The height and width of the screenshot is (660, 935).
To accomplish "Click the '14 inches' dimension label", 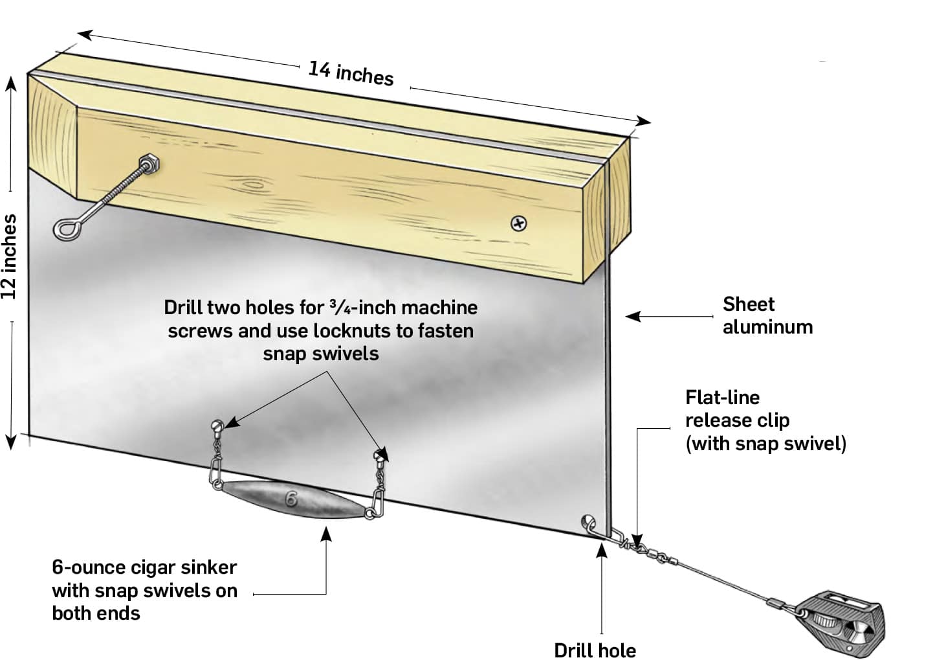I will pyautogui.click(x=350, y=73).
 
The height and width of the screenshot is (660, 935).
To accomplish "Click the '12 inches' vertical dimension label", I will pyautogui.click(x=9, y=257).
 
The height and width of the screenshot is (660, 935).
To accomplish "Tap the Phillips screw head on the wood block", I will pyautogui.click(x=519, y=223).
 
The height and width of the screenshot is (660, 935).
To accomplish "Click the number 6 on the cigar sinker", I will pyautogui.click(x=292, y=499).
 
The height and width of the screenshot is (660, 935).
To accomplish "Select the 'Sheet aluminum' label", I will pyautogui.click(x=767, y=315).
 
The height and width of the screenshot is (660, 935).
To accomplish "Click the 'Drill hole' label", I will pyautogui.click(x=595, y=650).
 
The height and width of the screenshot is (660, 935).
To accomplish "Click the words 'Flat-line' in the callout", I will pyautogui.click(x=722, y=397).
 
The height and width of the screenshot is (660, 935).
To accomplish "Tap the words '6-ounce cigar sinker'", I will pyautogui.click(x=144, y=567).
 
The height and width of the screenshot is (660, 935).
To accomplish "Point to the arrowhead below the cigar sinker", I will pyautogui.click(x=326, y=532).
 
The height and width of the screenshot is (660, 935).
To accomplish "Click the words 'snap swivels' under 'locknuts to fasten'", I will pyautogui.click(x=320, y=354).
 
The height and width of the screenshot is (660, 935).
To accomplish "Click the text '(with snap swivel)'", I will pyautogui.click(x=765, y=444).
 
